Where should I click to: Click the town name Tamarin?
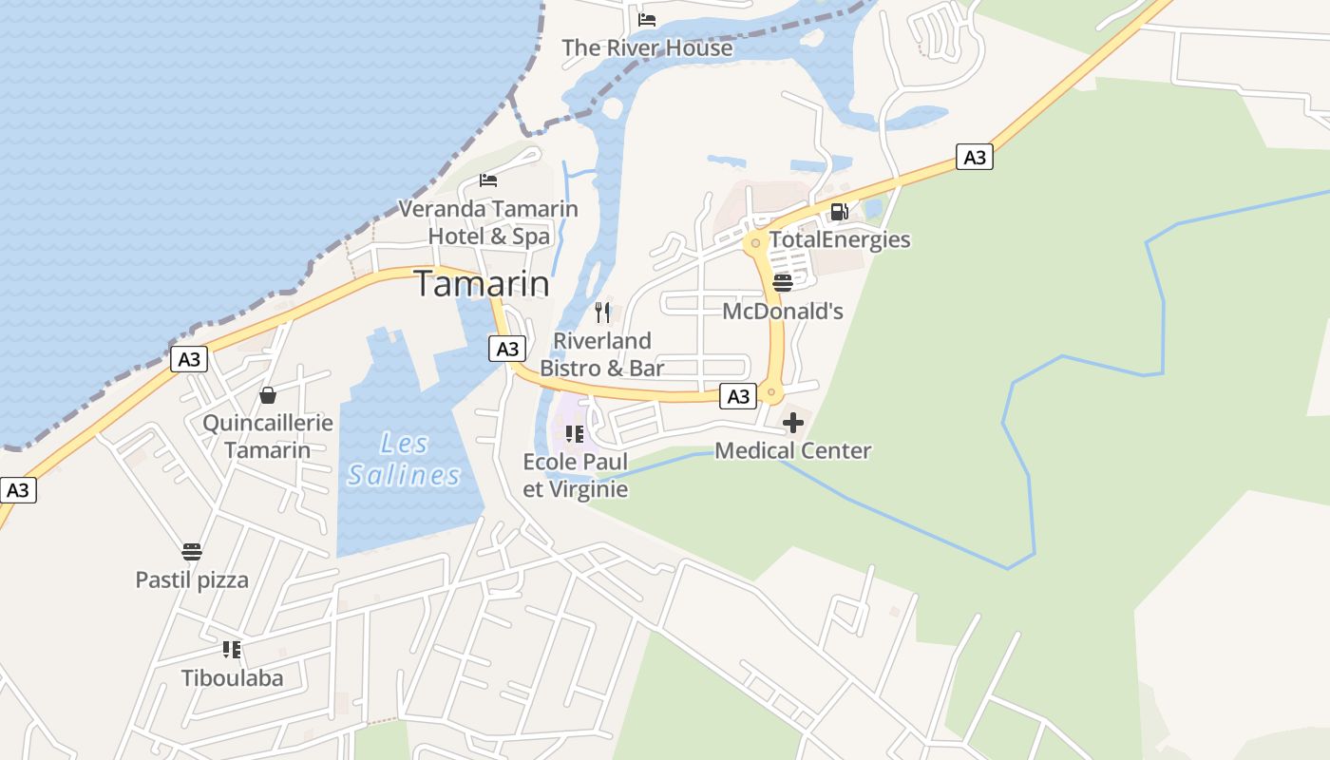(x=482, y=284)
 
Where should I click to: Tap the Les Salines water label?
(x=404, y=459)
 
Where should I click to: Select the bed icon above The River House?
(x=647, y=19)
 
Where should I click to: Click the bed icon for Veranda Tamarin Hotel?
(x=488, y=180)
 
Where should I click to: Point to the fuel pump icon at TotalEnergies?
(x=839, y=212)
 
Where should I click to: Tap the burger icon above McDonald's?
(x=782, y=283)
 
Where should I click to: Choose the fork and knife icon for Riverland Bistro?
(x=602, y=313)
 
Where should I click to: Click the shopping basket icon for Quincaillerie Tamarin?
(x=268, y=395)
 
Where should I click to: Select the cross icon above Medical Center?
(x=792, y=423)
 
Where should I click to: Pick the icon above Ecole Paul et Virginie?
(x=575, y=434)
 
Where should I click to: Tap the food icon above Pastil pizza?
(x=192, y=552)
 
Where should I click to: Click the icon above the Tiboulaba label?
(x=232, y=650)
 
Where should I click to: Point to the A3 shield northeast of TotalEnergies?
(x=975, y=158)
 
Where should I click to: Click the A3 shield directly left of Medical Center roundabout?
(x=738, y=396)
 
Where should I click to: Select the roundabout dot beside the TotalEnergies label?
(x=755, y=243)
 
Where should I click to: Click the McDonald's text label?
(x=783, y=312)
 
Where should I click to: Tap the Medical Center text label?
(x=792, y=450)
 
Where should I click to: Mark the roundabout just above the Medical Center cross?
(x=771, y=391)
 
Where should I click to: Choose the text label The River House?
(x=647, y=47)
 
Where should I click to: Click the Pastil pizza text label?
(x=192, y=579)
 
